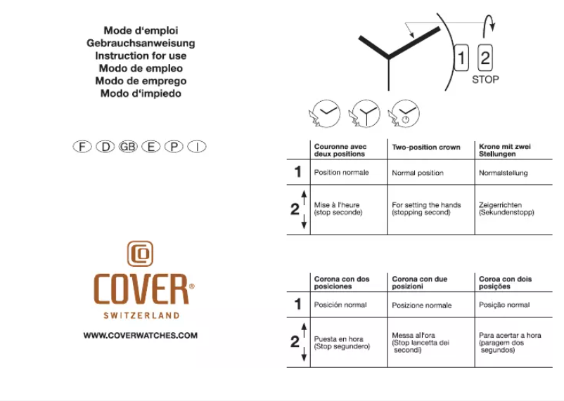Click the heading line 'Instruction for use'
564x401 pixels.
(141, 55)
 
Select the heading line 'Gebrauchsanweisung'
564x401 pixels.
(141, 43)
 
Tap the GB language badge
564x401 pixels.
(128, 147)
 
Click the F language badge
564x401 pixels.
(83, 147)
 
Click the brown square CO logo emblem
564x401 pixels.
(141, 254)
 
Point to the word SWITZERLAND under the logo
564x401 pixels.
(141, 315)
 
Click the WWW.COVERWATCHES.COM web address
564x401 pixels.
(141, 336)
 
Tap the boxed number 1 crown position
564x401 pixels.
(462, 58)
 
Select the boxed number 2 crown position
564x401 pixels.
(485, 58)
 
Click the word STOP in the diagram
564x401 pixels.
(485, 80)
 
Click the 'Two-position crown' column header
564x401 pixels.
(425, 147)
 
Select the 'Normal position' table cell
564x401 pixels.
(418, 173)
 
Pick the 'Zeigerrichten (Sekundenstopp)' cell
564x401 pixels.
(506, 209)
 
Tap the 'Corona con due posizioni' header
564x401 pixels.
(420, 283)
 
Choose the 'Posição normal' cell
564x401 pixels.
(504, 305)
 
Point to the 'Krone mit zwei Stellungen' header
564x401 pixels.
(505, 150)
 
